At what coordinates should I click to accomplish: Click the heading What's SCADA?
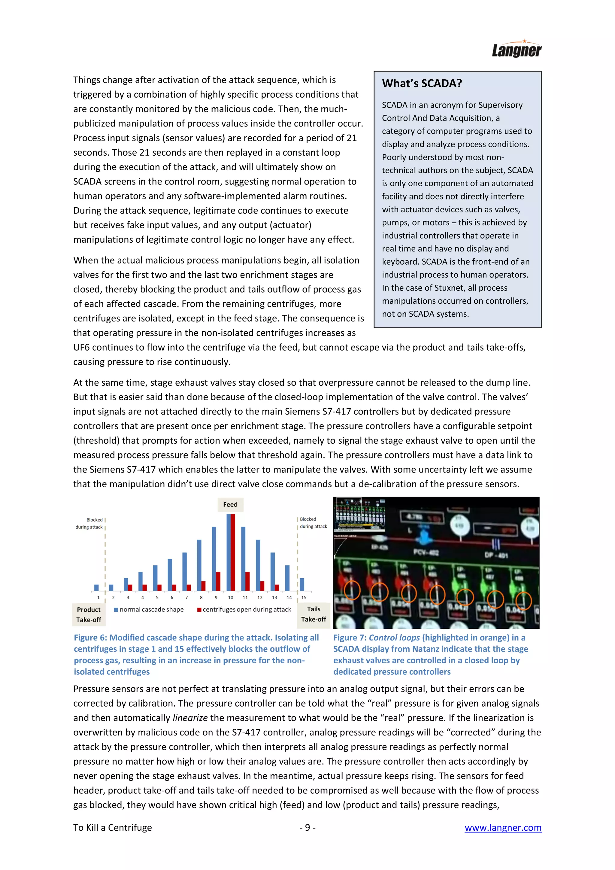[422, 83]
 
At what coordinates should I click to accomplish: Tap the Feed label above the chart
[230, 504]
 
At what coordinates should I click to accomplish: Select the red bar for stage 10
[233, 552]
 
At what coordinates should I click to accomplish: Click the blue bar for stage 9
[214, 558]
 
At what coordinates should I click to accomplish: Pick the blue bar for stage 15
[302, 584]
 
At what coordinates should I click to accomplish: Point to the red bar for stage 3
[130, 587]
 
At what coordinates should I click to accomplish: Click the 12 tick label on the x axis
[260, 598]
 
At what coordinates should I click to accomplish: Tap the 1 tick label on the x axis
[98, 598]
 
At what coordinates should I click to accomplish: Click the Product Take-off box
[89, 614]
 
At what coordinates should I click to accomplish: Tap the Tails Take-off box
[314, 614]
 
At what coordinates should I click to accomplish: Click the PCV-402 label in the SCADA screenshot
[426, 552]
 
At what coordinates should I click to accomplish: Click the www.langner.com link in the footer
[503, 828]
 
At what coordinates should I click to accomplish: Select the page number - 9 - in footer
[307, 828]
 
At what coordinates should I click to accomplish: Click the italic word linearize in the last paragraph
[190, 718]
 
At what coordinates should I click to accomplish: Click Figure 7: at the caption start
[350, 638]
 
